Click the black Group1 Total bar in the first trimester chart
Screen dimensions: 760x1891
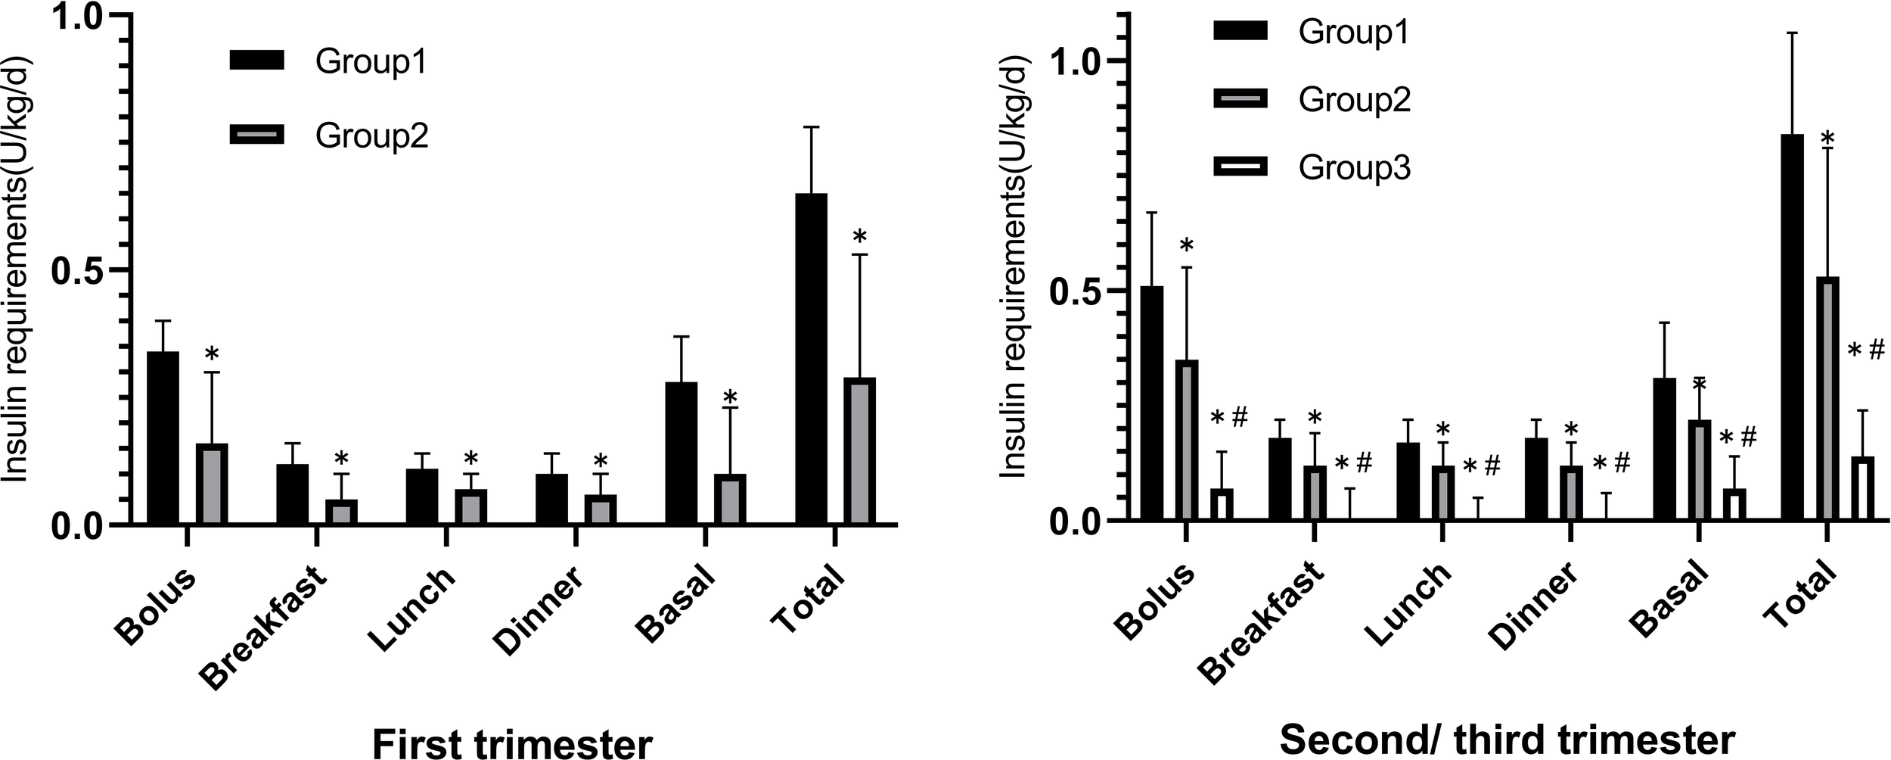pos(811,359)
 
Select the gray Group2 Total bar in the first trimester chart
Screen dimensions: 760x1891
pos(859,451)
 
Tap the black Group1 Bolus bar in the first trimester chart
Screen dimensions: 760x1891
pos(163,438)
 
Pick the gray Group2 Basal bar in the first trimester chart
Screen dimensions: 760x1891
pos(730,499)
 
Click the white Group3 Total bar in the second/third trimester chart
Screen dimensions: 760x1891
pos(1862,488)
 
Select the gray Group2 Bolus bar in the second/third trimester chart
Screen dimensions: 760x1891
pos(1186,441)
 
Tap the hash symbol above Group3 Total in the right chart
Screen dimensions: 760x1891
pos(1876,351)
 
